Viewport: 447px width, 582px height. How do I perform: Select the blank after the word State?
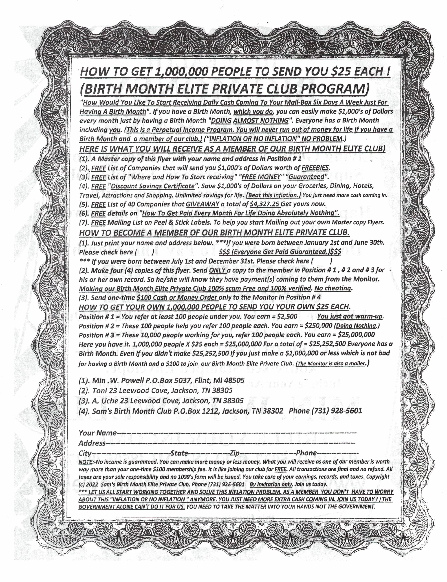pyautogui.click(x=209, y=453)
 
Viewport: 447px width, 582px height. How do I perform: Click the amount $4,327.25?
pyautogui.click(x=265, y=204)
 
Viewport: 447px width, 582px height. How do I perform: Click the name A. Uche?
pyautogui.click(x=104, y=401)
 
